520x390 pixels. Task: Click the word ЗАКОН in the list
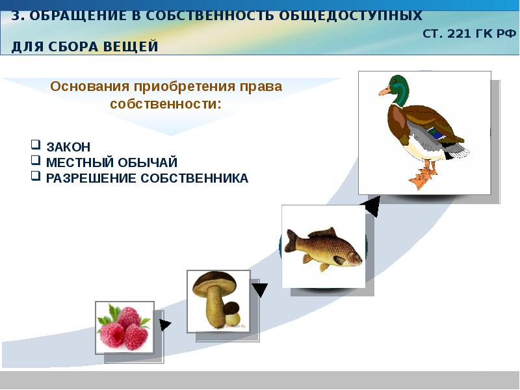(68, 147)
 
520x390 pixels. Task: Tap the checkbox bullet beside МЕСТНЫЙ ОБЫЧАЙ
(36, 160)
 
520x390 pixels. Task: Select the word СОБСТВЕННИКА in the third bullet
(194, 178)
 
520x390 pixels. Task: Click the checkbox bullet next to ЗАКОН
(36, 144)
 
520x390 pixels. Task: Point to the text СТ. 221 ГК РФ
(469, 34)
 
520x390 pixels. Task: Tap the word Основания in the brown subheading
(90, 86)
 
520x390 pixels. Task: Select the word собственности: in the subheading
(166, 104)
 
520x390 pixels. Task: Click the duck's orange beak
(385, 91)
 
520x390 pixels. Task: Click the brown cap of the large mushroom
(214, 284)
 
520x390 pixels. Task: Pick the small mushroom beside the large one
(232, 314)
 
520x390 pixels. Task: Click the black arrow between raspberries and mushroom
(164, 324)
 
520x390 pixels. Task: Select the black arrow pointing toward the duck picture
(372, 206)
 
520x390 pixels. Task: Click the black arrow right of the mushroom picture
(259, 289)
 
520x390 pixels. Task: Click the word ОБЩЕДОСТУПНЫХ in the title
(350, 16)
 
